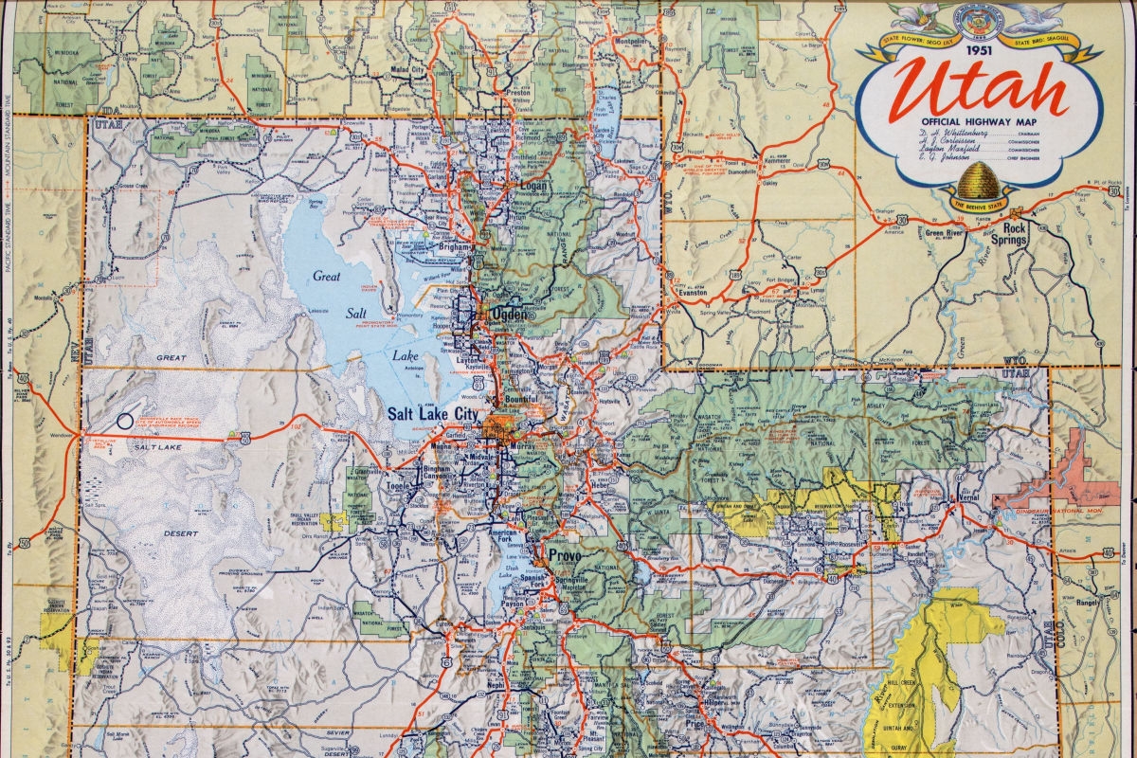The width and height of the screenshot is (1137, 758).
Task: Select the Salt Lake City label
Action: [435, 413]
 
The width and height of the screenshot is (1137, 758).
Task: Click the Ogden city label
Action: [504, 314]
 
